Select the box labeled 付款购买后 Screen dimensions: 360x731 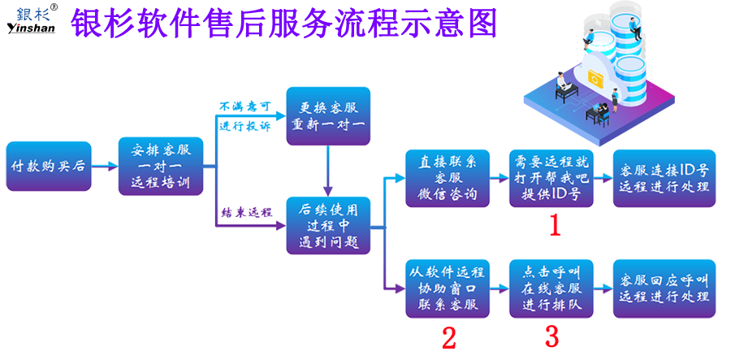46,167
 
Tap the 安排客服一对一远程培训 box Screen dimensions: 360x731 160,166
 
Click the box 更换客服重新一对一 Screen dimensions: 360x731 327,116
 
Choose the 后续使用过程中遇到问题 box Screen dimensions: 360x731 327,224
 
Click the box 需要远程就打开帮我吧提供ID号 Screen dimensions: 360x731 551,178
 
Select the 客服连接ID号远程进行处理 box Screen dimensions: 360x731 664,178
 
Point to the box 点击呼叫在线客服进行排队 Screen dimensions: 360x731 551,288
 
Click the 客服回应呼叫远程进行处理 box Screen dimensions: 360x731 664,288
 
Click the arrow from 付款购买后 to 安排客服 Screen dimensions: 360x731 103,167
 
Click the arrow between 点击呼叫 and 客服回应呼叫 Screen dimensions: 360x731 603,288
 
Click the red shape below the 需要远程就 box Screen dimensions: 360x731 550,231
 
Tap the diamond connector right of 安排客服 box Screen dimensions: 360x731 209,167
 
